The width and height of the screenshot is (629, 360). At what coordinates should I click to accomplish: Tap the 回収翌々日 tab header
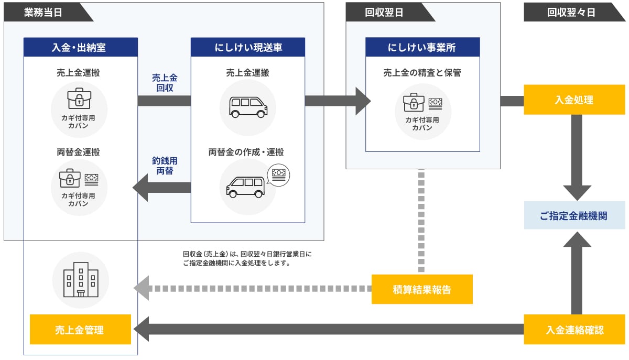(x=571, y=13)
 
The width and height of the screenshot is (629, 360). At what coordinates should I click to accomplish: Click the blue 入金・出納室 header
(x=80, y=47)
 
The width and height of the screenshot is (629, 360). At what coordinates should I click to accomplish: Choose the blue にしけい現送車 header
(x=248, y=47)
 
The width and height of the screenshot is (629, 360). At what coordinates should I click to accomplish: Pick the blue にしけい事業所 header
(x=422, y=47)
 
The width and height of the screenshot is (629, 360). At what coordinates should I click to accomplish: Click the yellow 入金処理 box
(x=574, y=100)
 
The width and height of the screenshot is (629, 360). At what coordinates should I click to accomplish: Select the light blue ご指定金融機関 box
(x=574, y=215)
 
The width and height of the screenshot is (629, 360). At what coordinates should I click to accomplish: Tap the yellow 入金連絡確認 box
(x=574, y=330)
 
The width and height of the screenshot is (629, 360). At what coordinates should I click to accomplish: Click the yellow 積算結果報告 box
(x=422, y=289)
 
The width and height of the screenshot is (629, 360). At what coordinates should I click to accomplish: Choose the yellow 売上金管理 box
(x=80, y=330)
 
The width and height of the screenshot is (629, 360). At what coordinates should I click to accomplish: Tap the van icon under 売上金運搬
(x=248, y=106)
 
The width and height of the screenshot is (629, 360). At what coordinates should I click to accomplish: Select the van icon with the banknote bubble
(x=246, y=186)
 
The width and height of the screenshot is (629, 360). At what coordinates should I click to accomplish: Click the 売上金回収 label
(x=165, y=83)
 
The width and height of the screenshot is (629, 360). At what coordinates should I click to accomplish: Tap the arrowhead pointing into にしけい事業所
(x=363, y=101)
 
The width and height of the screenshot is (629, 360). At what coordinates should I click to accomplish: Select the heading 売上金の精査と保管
(x=422, y=73)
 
